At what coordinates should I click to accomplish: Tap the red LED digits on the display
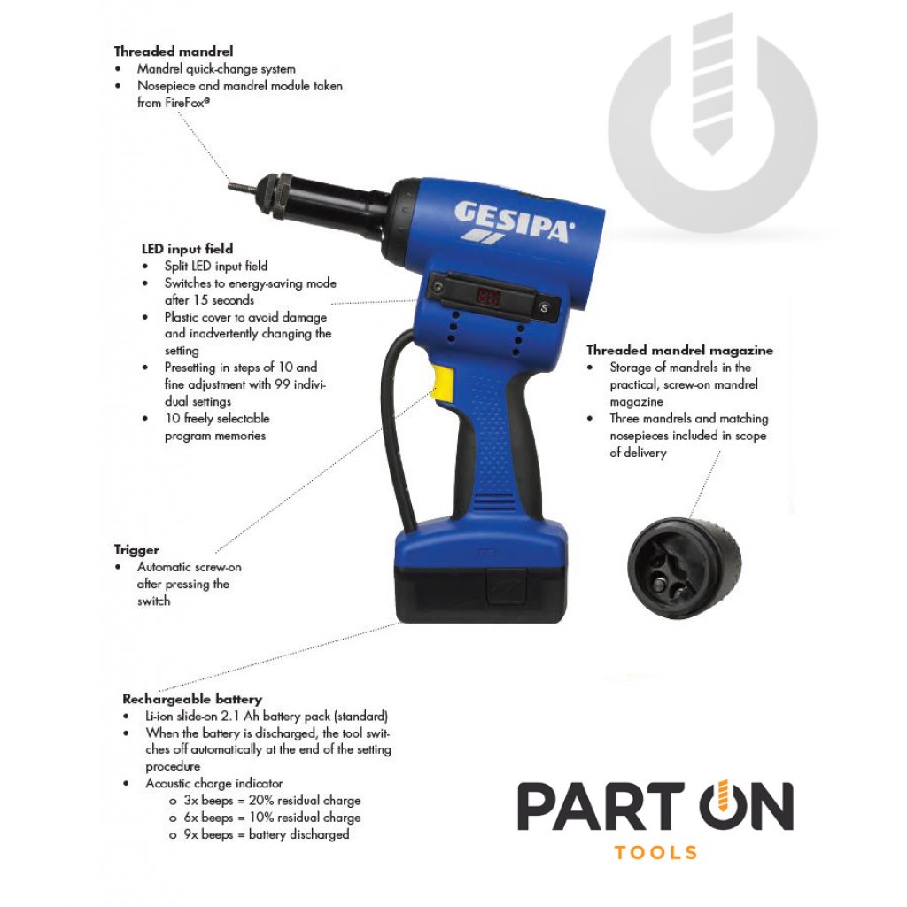pos(488,298)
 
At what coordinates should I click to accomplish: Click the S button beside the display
pos(544,307)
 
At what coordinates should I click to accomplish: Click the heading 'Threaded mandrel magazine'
pos(679,350)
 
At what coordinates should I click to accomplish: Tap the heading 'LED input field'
pos(188,249)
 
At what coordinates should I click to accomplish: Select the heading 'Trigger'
pos(136,550)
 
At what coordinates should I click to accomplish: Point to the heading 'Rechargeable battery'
pos(192,699)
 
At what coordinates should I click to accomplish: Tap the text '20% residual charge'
pos(305,801)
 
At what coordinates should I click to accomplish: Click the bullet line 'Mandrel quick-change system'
pos(216,69)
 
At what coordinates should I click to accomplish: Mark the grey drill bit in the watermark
pos(712,85)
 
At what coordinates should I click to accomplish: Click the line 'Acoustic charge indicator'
pos(214,783)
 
